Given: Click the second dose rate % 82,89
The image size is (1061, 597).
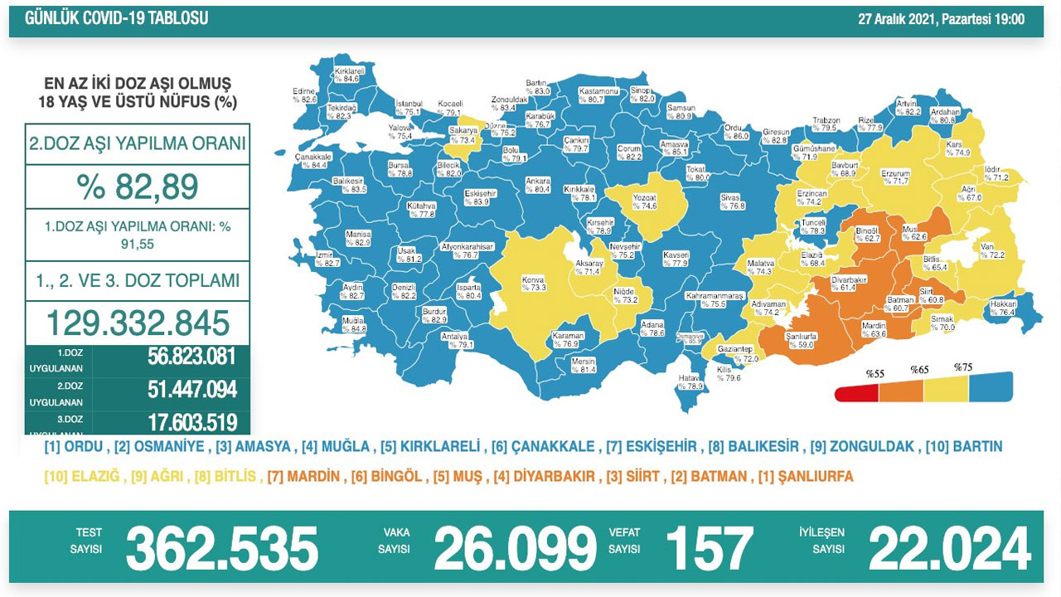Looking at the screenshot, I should [138, 187].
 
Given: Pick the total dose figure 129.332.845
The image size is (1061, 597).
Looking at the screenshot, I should [138, 323].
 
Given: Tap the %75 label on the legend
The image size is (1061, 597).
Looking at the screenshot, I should [962, 367].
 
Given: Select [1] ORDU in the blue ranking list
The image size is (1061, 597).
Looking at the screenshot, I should [75, 447].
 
